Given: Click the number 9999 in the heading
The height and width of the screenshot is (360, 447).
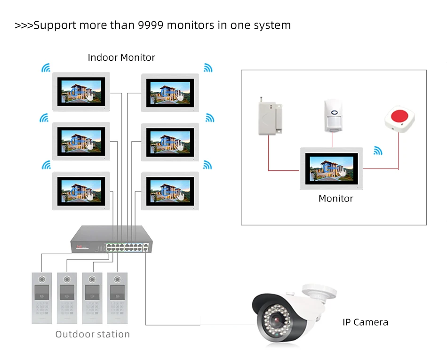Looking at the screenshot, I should click(x=152, y=25).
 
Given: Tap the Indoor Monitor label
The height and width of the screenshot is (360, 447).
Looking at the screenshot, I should click(x=121, y=57).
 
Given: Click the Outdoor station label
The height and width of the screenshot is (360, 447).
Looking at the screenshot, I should click(x=92, y=335).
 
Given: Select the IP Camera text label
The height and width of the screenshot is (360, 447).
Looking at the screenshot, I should click(x=365, y=322).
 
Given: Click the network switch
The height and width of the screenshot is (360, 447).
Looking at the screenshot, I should click(x=111, y=239).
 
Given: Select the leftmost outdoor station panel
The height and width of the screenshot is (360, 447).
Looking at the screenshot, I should click(x=41, y=297).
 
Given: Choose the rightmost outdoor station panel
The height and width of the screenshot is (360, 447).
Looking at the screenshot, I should click(x=117, y=297).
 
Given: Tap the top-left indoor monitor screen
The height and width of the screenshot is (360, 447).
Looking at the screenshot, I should click(x=81, y=91).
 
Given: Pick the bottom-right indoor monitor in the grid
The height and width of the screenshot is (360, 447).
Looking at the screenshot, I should click(x=170, y=191).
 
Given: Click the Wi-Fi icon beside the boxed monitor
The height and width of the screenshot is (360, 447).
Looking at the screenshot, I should click(x=378, y=151).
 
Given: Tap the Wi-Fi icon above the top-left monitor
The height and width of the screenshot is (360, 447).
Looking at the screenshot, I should click(x=46, y=69).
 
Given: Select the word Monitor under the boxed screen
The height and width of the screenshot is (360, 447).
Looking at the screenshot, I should click(x=335, y=199).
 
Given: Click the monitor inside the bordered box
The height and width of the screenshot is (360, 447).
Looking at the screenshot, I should click(x=331, y=168).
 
